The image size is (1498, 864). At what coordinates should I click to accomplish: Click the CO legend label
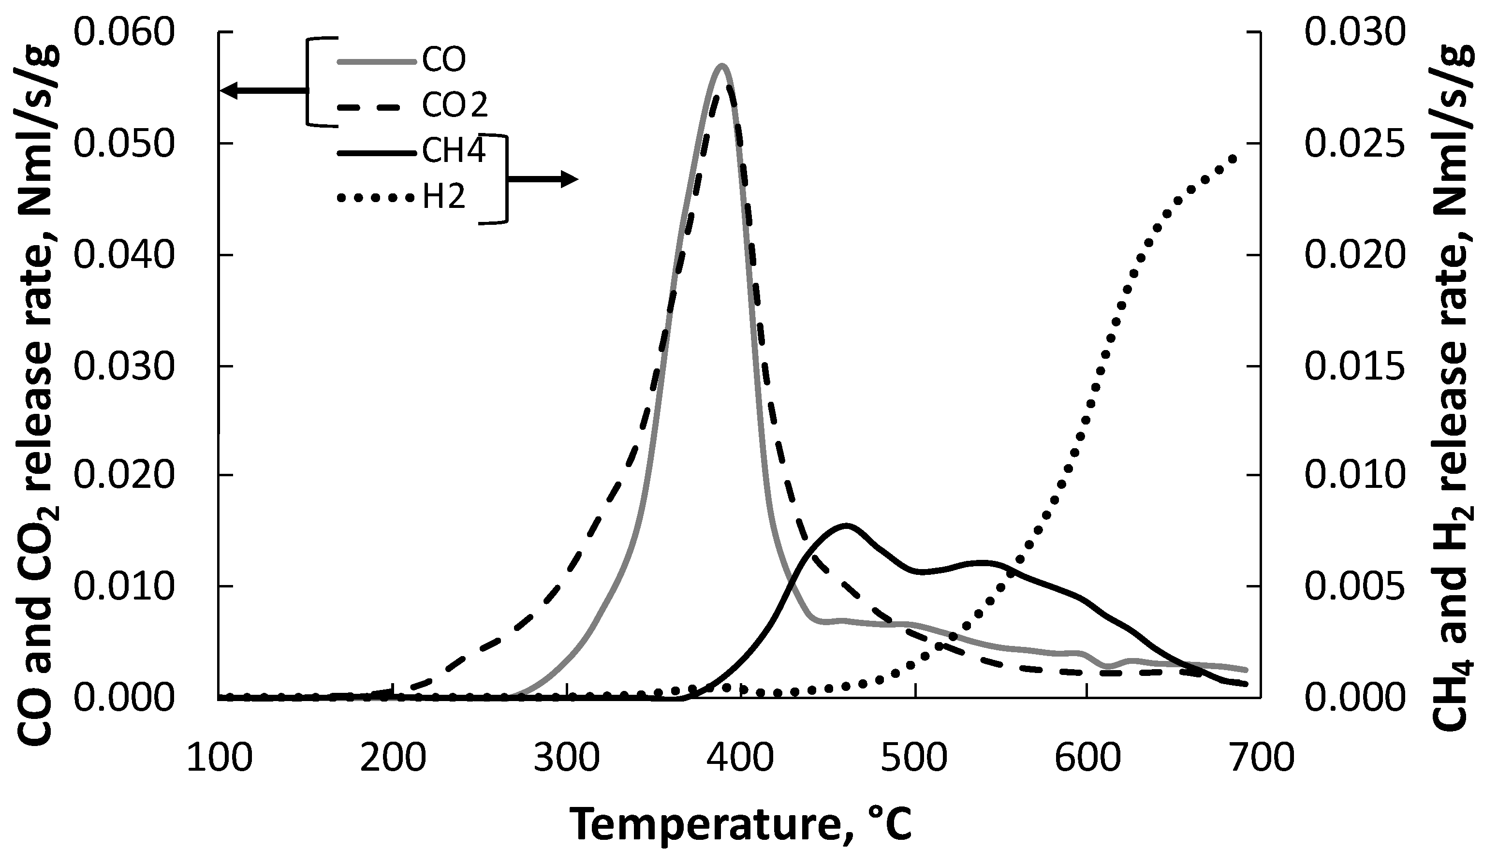[x=444, y=59]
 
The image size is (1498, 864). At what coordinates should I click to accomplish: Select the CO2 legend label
[x=455, y=105]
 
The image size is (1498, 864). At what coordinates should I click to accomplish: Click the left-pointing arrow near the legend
[x=261, y=91]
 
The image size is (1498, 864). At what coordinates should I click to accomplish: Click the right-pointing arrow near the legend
[x=543, y=178]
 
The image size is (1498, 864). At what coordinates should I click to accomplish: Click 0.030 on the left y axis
[x=125, y=366]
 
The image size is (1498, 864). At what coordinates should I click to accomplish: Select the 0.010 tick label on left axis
[x=125, y=587]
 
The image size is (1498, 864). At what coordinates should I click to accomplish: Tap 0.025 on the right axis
[x=1355, y=144]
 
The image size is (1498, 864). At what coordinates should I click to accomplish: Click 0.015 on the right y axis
[x=1355, y=366]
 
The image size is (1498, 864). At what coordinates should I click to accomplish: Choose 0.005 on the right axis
[x=1355, y=587]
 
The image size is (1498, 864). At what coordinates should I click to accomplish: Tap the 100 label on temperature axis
[x=220, y=759]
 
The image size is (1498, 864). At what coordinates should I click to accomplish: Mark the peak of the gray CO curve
[x=721, y=65]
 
